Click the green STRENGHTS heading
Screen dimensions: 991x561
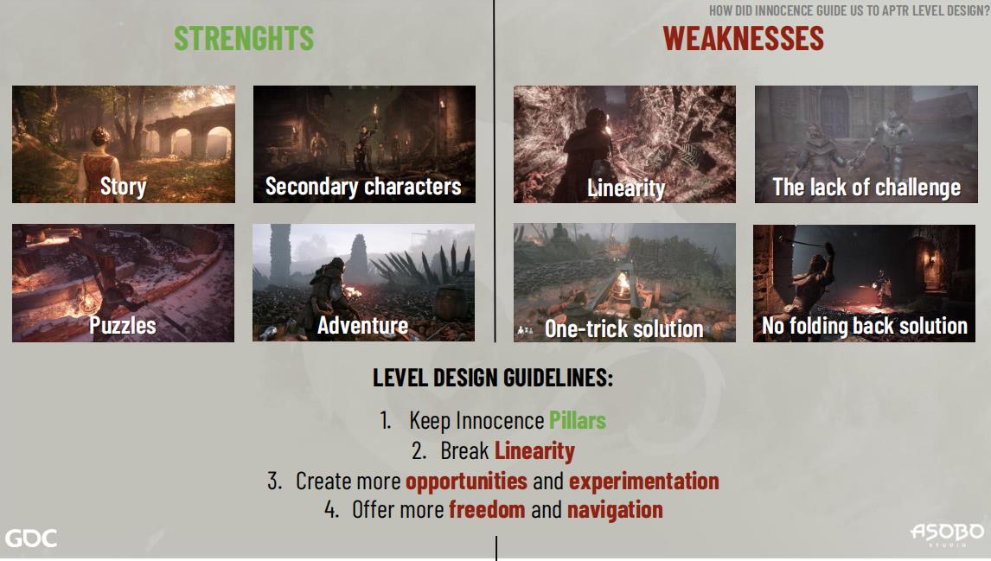point(244,39)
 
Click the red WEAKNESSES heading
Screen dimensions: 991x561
point(744,39)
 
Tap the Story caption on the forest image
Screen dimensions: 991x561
point(124,187)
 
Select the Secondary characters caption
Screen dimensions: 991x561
point(363,187)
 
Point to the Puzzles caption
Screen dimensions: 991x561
point(123,325)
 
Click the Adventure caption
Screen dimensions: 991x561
point(363,325)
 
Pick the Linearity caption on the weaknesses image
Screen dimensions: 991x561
point(626,188)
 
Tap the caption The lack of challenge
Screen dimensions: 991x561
point(866,187)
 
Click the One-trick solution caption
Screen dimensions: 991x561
point(623,328)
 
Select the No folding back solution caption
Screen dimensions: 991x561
point(865,326)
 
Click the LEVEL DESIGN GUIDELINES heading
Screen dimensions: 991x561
point(493,378)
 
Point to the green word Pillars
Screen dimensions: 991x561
point(578,420)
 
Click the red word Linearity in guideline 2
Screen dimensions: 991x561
point(534,451)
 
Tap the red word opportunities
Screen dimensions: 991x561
point(466,481)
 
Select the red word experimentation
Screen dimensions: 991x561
point(644,481)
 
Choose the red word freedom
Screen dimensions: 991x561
point(487,509)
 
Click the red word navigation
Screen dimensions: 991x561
point(615,510)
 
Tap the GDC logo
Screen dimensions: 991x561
point(31,539)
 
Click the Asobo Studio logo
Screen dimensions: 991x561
point(947,534)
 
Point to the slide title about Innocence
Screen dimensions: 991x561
point(849,10)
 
